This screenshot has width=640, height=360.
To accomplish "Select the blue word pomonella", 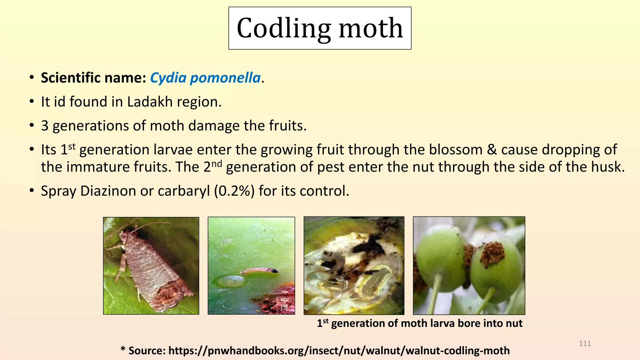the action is click(x=225, y=78).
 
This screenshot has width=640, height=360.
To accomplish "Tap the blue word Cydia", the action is click(x=168, y=78).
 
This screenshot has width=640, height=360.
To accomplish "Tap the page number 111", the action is click(x=585, y=344).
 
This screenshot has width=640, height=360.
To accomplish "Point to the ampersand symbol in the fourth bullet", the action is click(x=492, y=150).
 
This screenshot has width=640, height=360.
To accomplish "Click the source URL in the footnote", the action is click(x=339, y=351).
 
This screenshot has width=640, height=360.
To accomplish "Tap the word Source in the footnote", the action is click(x=147, y=351).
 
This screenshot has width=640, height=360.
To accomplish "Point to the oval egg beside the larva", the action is click(x=230, y=281).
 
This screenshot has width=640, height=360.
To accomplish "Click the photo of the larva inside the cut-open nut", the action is click(x=354, y=265).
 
